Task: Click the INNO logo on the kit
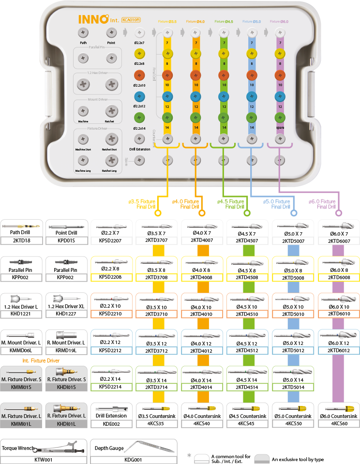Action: [94, 19]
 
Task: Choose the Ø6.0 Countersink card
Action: [338, 413]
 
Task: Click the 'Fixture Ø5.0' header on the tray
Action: [252, 22]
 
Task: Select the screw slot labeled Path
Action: [83, 33]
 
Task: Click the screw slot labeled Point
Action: [111, 33]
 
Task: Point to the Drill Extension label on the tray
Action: [139, 150]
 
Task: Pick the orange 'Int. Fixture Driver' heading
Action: [42, 360]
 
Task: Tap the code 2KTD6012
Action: [338, 351]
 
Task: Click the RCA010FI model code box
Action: [131, 20]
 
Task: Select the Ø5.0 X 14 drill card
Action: [293, 377]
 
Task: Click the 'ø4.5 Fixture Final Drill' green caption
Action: [230, 204]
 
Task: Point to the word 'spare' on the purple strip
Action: [279, 127]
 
